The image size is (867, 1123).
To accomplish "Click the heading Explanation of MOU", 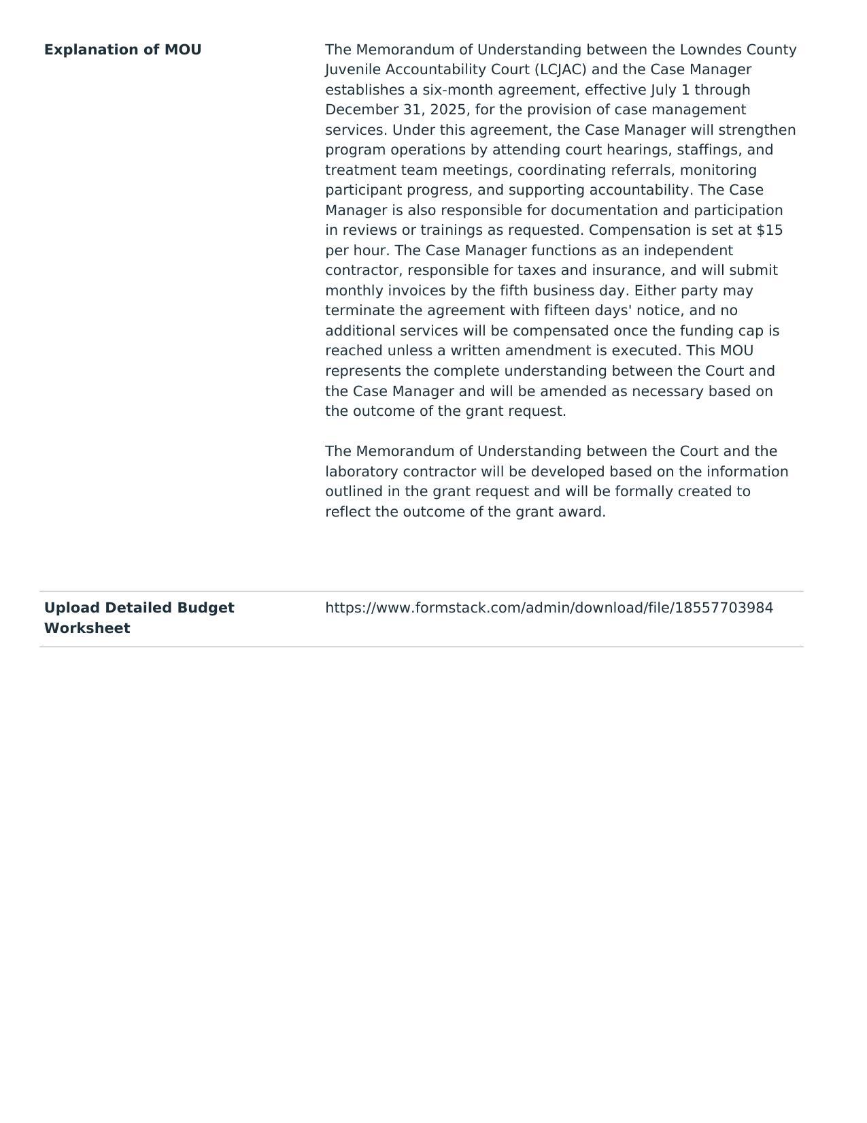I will pyautogui.click(x=122, y=50).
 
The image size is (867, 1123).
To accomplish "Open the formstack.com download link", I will pyautogui.click(x=549, y=608).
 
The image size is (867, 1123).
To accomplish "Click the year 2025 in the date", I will pyautogui.click(x=448, y=110).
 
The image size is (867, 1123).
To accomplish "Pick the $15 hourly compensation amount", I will pyautogui.click(x=769, y=230).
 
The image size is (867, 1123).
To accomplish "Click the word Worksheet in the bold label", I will pyautogui.click(x=87, y=628).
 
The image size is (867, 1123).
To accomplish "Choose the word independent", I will pyautogui.click(x=688, y=250).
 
